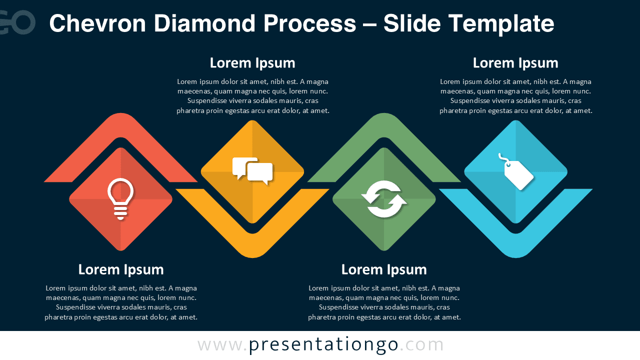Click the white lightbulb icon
[120, 199]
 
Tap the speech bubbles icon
[252, 171]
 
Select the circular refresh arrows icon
[384, 199]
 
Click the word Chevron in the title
[97, 23]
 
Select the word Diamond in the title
[204, 23]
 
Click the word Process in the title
[309, 23]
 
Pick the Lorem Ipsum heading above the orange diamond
[252, 63]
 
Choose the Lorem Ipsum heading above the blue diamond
[515, 63]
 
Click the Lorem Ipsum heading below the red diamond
[121, 269]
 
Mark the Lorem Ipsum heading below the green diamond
[384, 269]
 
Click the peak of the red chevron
[120, 113]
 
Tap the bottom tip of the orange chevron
[252, 257]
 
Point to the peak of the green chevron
[384, 113]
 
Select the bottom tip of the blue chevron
[515, 257]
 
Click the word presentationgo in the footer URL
[323, 345]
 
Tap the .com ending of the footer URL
[421, 345]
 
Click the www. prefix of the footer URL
[222, 345]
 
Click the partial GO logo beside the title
[17, 22]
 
